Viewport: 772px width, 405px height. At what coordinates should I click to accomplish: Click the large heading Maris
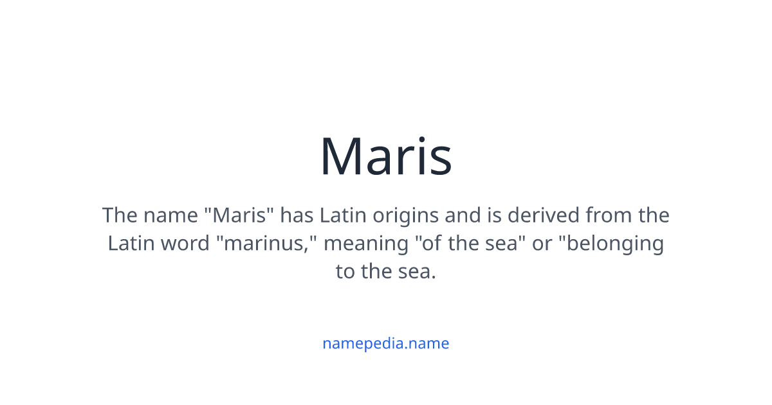[386, 156]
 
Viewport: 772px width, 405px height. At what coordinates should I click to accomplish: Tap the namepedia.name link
[385, 343]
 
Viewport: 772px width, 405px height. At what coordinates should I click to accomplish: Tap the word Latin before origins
[341, 215]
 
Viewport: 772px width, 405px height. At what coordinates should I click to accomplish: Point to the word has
[297, 215]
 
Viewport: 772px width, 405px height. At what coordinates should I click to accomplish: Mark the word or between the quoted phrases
[543, 244]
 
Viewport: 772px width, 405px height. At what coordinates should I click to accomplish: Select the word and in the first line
[463, 215]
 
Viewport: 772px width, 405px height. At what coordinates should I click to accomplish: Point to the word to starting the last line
[345, 271]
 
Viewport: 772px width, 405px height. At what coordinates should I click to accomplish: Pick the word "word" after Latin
[185, 244]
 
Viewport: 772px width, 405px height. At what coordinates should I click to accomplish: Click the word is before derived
[494, 215]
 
